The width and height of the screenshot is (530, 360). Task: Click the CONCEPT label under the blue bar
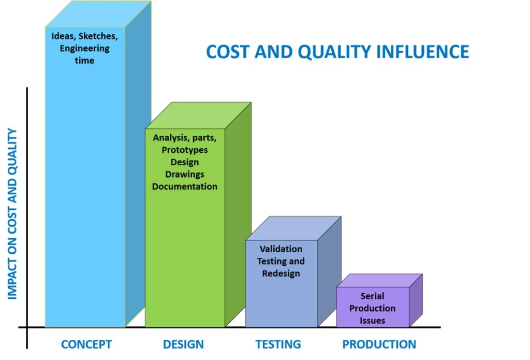86,344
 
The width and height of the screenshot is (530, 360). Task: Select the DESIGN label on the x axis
183,344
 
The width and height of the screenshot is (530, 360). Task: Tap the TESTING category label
278,344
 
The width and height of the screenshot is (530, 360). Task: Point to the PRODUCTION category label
379,344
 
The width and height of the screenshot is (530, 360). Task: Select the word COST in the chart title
228,52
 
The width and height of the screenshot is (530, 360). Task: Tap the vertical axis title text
12,214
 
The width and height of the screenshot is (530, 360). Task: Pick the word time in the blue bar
84,61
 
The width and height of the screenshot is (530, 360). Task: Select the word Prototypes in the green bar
185,150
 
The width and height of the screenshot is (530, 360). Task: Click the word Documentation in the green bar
185,186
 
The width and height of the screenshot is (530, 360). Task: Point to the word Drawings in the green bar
185,175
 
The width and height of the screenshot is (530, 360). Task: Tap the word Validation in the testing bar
281,249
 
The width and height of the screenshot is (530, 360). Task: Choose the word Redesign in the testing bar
281,273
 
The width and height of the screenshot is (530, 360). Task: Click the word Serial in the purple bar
372,296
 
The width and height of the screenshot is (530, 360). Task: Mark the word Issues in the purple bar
372,321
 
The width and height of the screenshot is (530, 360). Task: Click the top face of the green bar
198,116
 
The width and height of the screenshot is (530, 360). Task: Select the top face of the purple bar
379,280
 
